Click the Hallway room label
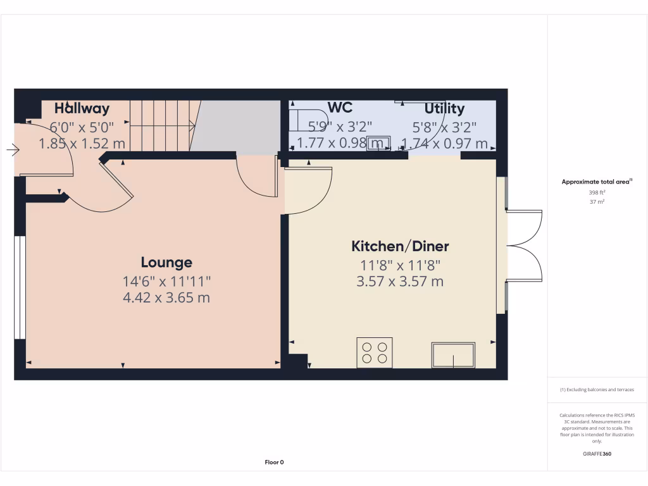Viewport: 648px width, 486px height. (x=82, y=108)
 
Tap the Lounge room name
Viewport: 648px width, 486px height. (x=166, y=262)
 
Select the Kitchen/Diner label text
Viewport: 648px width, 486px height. (x=400, y=246)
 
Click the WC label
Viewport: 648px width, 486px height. (x=340, y=106)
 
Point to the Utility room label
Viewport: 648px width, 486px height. (x=444, y=108)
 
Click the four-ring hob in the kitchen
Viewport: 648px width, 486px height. (x=374, y=352)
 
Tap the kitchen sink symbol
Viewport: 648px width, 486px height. (x=453, y=354)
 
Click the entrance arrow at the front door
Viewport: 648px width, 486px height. (x=13, y=150)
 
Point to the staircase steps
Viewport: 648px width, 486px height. (x=161, y=125)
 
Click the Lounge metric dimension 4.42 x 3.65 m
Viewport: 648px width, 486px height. (x=166, y=297)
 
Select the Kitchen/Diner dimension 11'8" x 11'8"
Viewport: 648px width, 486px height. (x=400, y=266)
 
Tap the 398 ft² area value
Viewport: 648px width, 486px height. (x=597, y=192)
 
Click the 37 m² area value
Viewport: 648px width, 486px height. (x=597, y=202)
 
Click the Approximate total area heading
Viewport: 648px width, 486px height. (x=597, y=182)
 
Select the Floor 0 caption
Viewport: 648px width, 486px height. (x=274, y=462)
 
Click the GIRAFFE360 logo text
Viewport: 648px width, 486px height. (x=597, y=454)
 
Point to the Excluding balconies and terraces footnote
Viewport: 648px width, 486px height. (x=597, y=390)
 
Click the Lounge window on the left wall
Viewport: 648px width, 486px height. (x=20, y=288)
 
